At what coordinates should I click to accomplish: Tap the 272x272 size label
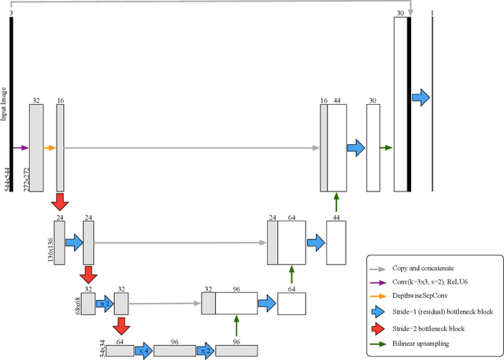27,179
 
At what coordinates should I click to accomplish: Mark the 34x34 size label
102,346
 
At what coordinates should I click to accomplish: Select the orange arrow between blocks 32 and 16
50,147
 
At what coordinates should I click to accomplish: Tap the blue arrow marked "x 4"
143,351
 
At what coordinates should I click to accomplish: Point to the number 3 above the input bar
11,13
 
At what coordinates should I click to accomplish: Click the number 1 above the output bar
432,13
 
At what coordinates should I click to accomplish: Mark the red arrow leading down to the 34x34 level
121,326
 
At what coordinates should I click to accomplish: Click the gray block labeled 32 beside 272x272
36,147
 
